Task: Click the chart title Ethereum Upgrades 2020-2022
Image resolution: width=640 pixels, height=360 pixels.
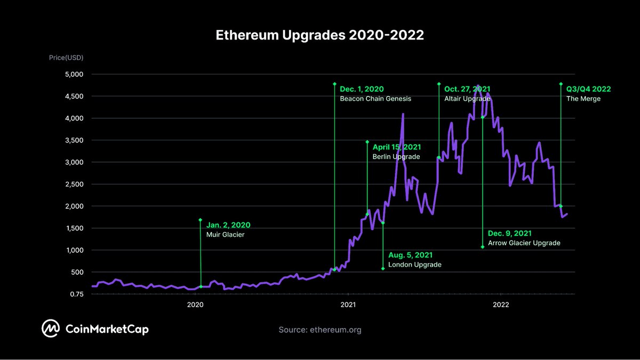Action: pos(319,35)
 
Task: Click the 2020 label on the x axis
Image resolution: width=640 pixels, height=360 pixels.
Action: pos(195,305)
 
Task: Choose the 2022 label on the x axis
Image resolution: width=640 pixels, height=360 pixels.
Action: pos(501,305)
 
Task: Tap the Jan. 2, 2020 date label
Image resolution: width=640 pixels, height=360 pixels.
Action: pos(228,225)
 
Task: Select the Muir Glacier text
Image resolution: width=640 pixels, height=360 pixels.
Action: pos(225,235)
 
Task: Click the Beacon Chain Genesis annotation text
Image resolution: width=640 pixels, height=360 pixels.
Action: pos(375,99)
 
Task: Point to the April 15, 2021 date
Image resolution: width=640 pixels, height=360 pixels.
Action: pos(396,147)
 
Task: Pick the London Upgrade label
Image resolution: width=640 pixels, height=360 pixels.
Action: pos(414,265)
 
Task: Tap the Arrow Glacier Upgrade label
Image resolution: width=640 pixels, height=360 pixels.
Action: pos(524,243)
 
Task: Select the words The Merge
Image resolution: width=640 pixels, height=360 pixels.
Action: pos(583,99)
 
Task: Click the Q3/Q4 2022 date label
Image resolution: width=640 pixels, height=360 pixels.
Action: pos(588,89)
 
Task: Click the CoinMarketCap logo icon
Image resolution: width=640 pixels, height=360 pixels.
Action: pos(51,329)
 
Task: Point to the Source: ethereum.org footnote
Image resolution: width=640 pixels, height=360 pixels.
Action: pos(319,330)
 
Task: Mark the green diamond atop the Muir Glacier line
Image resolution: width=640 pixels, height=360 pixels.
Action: pos(201,220)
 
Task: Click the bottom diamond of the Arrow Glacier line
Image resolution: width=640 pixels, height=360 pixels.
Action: pos(482,247)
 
